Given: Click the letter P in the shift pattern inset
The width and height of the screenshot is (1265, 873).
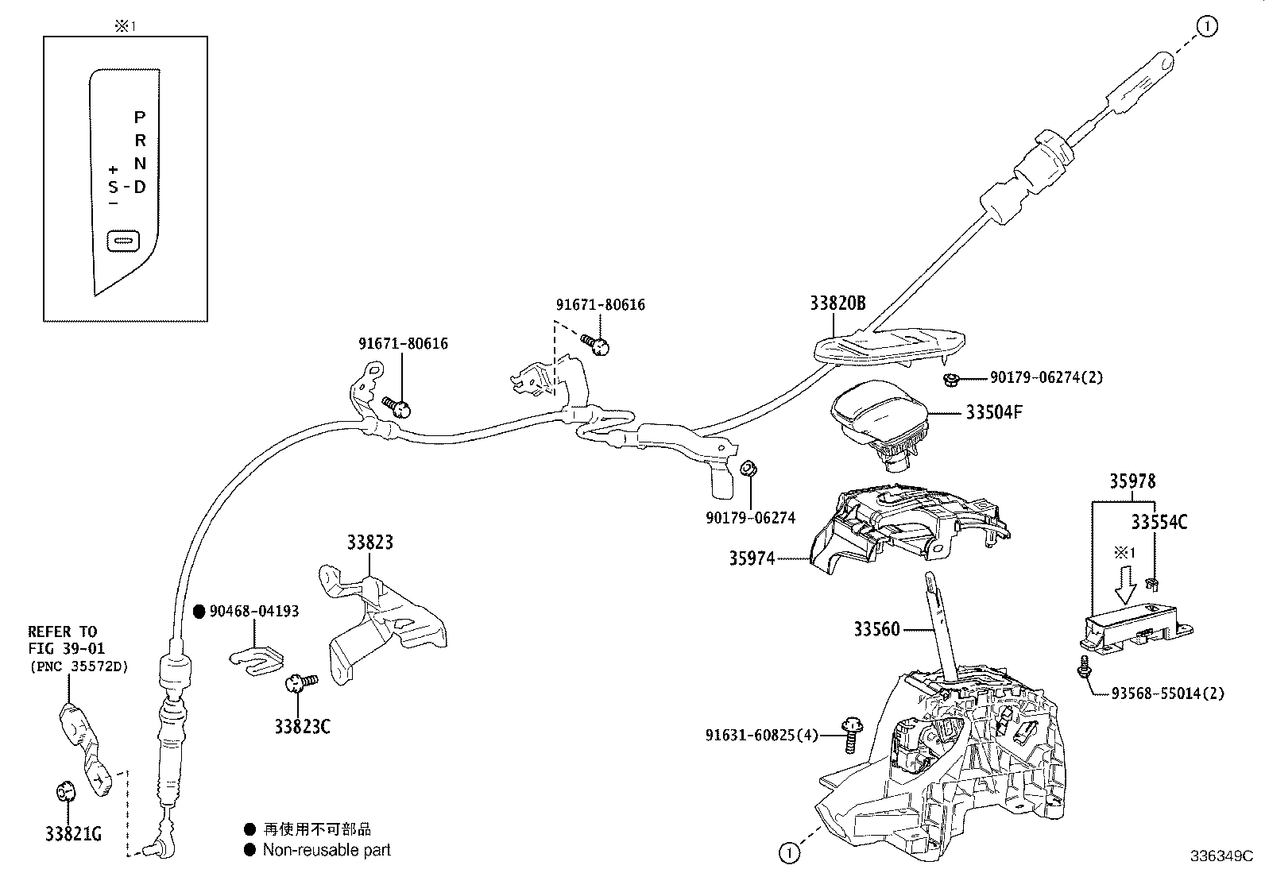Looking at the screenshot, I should coord(140,118).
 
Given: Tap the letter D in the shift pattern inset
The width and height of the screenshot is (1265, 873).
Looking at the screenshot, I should coord(140,187).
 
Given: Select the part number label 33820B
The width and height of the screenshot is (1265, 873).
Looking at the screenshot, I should coord(838,303).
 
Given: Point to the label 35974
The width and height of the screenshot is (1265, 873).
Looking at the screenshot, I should coord(752,558).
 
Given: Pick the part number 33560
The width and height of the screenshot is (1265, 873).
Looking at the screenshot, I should coord(877,629).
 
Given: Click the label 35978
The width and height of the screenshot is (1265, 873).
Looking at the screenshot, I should coord(1132,481).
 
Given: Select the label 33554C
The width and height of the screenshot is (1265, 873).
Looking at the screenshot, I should coord(1159,522).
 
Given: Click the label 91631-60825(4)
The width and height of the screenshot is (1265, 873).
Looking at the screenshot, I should coord(761,736).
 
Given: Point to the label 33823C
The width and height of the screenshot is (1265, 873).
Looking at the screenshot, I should coord(302,726).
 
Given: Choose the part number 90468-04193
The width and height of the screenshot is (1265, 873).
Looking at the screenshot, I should coord(254,611).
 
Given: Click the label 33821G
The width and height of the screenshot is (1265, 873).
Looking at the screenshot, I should coord(73,833).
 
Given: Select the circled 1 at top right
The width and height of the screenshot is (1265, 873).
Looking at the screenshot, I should coord(1206,27).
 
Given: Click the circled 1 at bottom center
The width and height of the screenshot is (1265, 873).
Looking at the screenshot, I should coord(788,853).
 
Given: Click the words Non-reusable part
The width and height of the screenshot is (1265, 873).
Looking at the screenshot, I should coord(327,850).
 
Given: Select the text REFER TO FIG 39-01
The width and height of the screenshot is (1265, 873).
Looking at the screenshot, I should coord(65,640).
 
